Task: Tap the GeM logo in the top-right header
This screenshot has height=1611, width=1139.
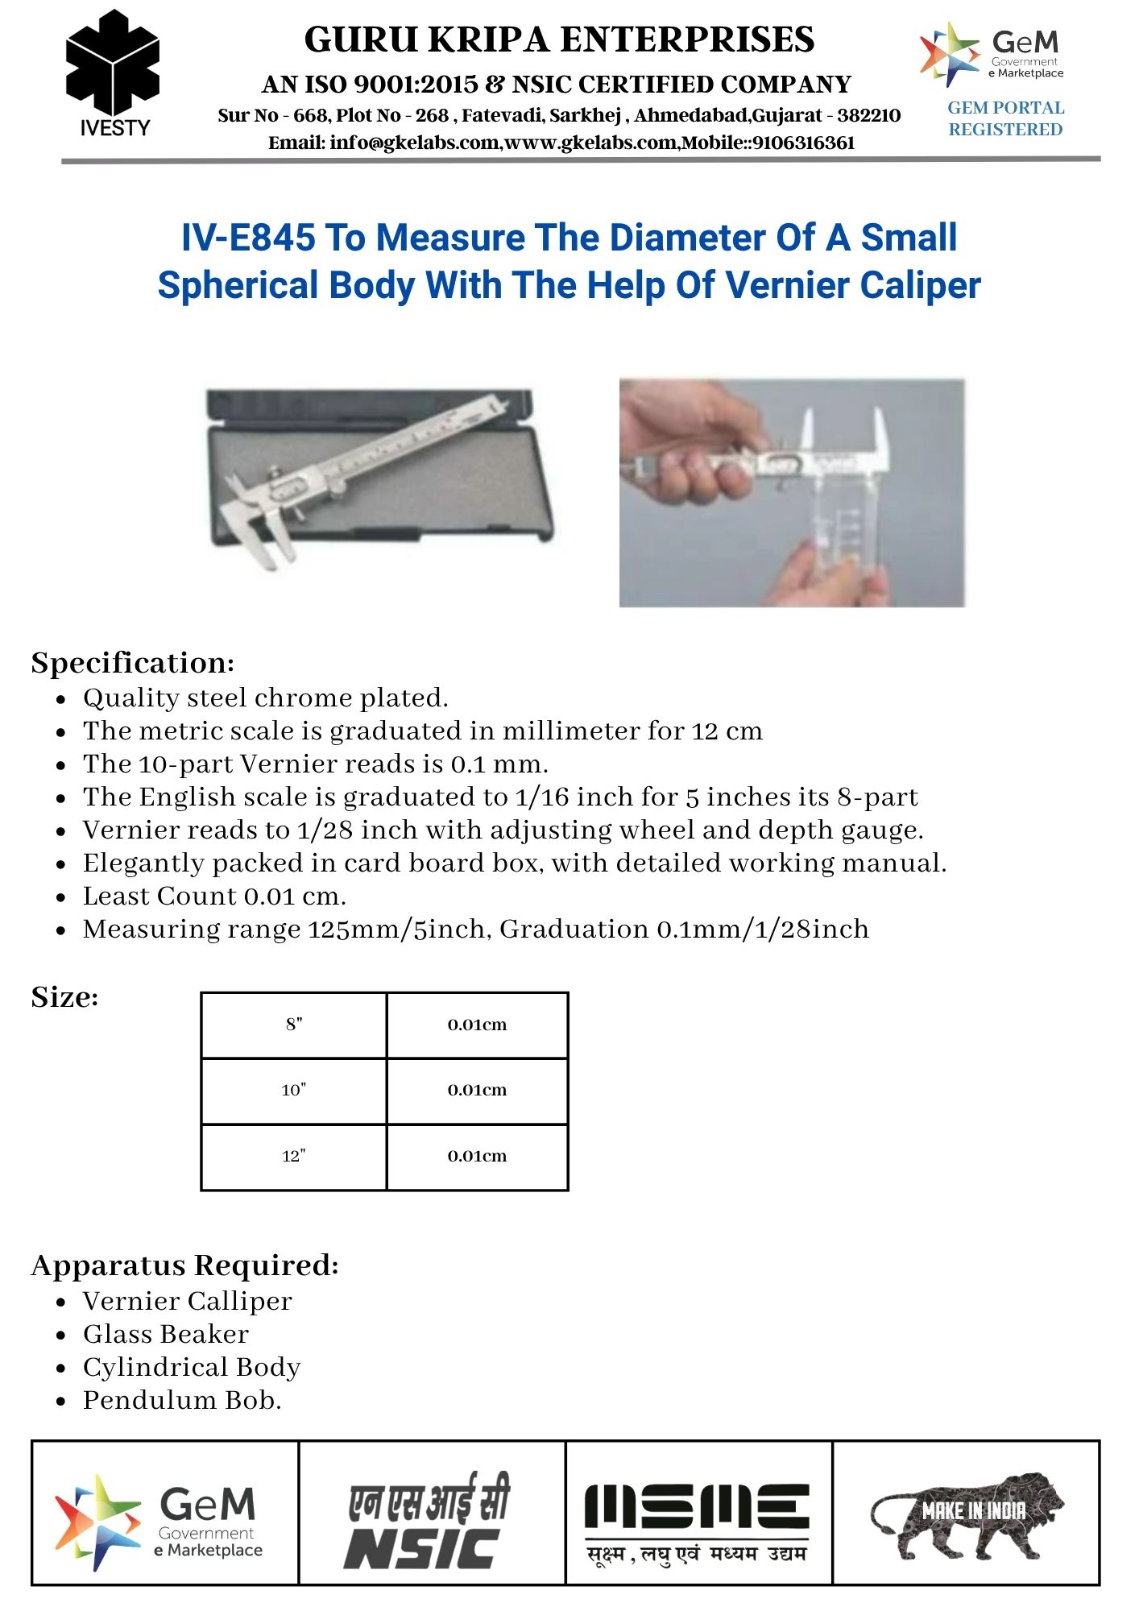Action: click(992, 53)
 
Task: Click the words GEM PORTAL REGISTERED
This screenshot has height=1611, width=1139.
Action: click(1005, 118)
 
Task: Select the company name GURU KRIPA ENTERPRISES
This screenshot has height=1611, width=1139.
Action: click(559, 40)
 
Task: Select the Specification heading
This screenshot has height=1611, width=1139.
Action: click(133, 663)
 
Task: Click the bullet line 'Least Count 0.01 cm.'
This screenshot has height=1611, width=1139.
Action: click(214, 897)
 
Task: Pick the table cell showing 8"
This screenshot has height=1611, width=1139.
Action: click(294, 1025)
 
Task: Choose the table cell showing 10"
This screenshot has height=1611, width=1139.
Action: click(294, 1090)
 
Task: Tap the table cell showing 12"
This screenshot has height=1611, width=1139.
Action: click(294, 1156)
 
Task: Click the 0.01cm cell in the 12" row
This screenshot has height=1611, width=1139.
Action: click(477, 1156)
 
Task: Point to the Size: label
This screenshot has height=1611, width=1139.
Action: click(64, 997)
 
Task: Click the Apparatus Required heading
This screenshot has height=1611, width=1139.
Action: click(184, 1265)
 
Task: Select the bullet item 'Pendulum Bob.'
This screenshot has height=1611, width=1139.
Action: click(182, 1401)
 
